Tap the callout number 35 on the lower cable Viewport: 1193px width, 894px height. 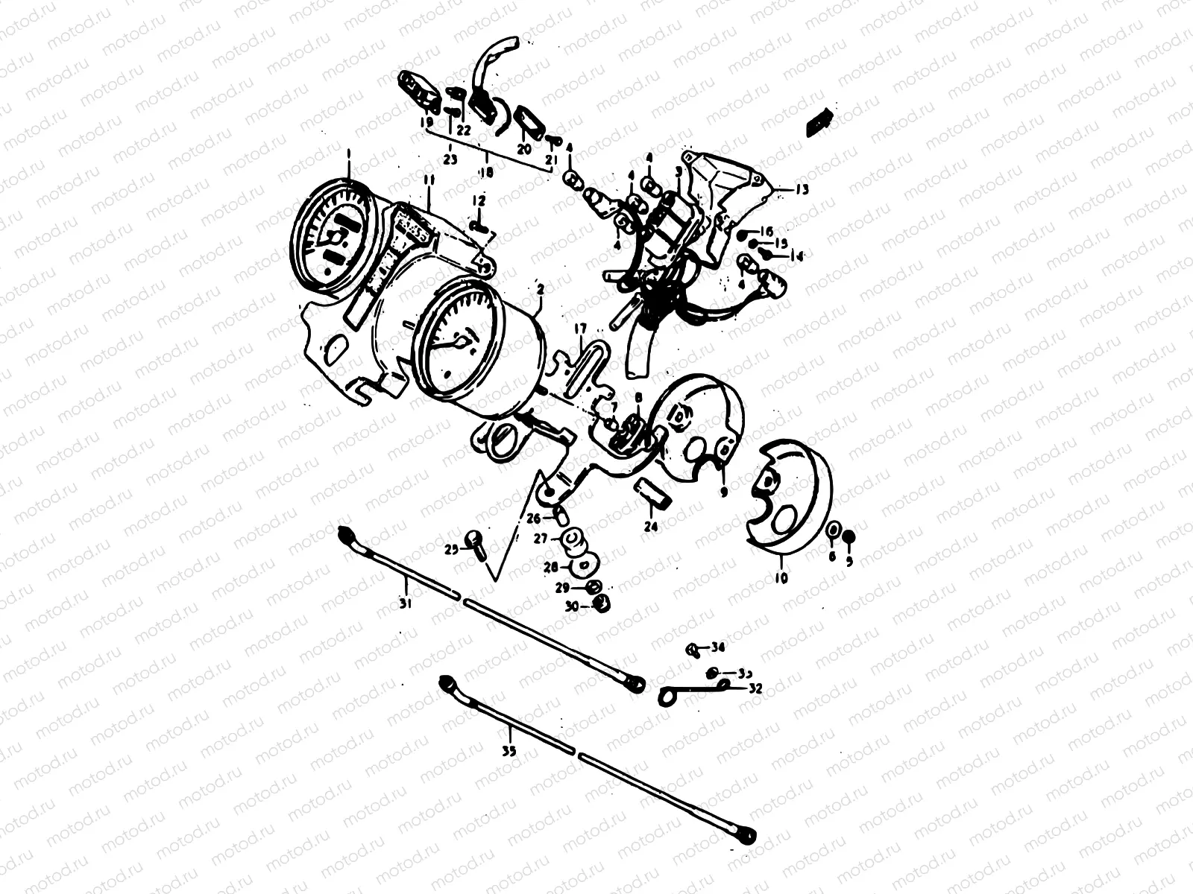point(509,750)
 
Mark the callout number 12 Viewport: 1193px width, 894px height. point(478,200)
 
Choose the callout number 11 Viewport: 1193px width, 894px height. point(429,181)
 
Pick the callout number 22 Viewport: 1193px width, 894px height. point(464,129)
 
